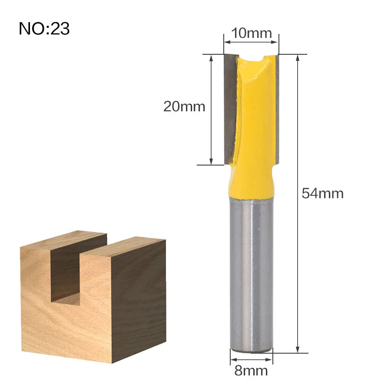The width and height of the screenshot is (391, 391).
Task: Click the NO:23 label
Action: (44, 28)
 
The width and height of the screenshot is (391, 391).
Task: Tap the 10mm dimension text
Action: (252, 33)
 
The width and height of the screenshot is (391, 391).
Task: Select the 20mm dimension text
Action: (184, 106)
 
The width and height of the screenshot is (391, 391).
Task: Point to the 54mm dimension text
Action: (322, 193)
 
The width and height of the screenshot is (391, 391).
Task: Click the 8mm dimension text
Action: (251, 371)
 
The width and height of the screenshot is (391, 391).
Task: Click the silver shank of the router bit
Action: (252, 274)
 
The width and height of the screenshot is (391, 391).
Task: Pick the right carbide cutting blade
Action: (277, 107)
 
